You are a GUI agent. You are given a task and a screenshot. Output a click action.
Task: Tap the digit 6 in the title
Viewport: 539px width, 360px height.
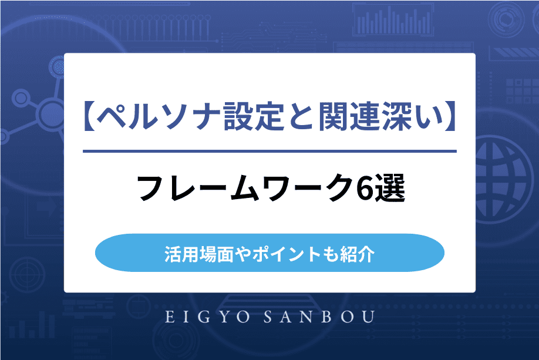click(366, 190)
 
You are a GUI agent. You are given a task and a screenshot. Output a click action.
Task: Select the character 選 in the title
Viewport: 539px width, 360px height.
click(390, 190)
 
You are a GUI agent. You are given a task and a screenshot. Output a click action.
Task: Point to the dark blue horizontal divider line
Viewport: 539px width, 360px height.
click(269, 152)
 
